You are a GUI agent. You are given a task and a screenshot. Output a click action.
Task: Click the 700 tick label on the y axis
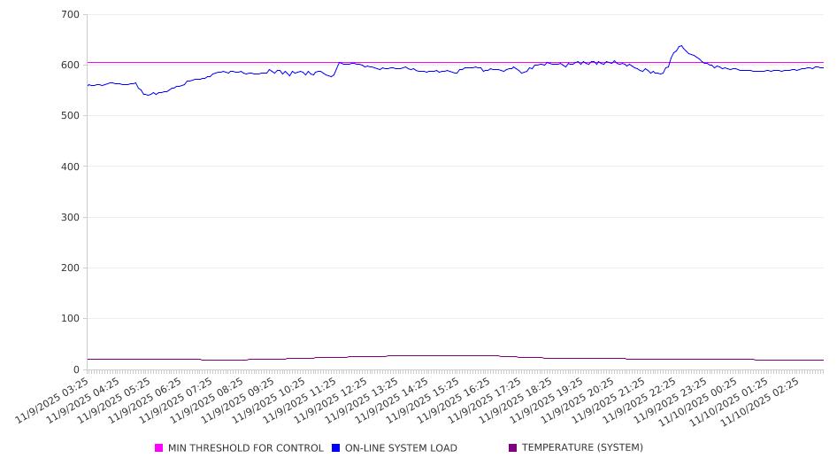pyautogui.click(x=71, y=15)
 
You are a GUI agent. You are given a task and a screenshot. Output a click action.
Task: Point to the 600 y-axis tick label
pyautogui.click(x=71, y=66)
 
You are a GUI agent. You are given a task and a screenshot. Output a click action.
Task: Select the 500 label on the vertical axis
pyautogui.click(x=71, y=116)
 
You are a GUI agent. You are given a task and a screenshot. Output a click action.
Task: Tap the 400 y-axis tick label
pyautogui.click(x=71, y=167)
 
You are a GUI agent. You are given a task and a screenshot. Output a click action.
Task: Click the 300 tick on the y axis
pyautogui.click(x=71, y=218)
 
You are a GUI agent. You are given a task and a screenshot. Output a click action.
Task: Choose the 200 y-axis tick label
pyautogui.click(x=71, y=268)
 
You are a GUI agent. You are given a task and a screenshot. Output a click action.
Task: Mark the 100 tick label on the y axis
pyautogui.click(x=71, y=319)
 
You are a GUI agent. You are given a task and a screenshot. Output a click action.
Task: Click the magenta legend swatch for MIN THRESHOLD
pyautogui.click(x=159, y=448)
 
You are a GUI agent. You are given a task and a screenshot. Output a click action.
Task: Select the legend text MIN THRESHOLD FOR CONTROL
pyautogui.click(x=245, y=448)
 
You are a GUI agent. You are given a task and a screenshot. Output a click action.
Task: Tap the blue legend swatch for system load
pyautogui.click(x=336, y=448)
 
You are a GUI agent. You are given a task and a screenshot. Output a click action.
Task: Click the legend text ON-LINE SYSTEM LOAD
pyautogui.click(x=401, y=448)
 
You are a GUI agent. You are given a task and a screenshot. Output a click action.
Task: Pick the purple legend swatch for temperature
pyautogui.click(x=513, y=448)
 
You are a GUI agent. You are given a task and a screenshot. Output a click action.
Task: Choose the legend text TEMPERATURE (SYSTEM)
pyautogui.click(x=582, y=448)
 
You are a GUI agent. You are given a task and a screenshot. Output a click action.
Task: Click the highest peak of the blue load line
pyautogui.click(x=680, y=46)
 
